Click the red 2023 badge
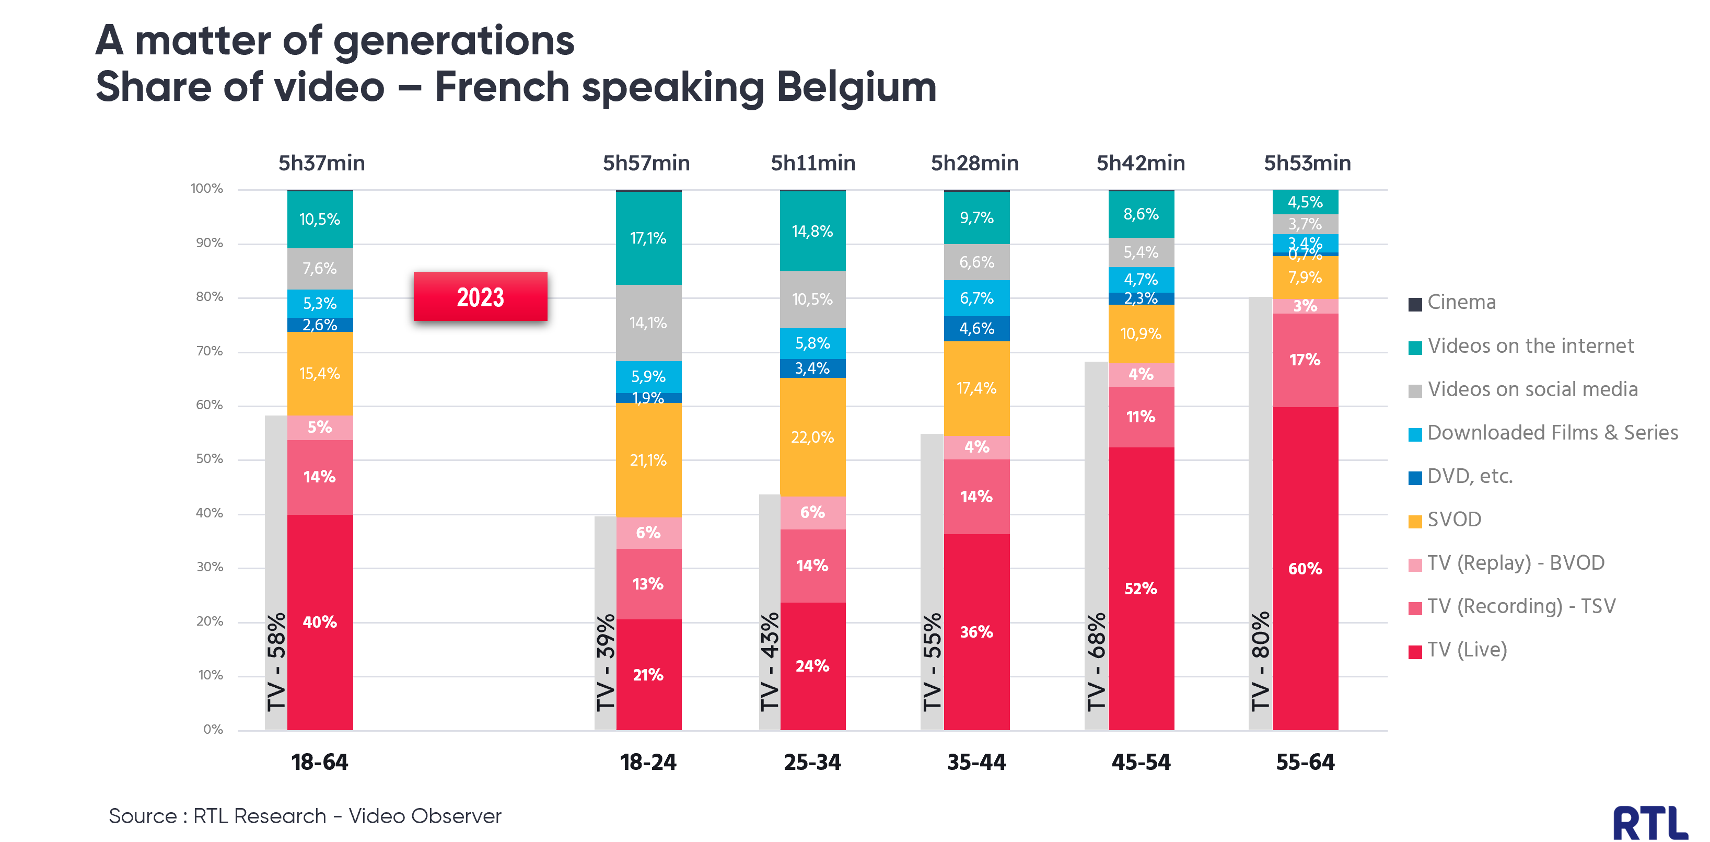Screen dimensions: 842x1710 (x=480, y=297)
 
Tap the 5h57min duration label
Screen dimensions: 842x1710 (x=646, y=164)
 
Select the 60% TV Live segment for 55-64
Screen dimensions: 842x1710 (x=1305, y=569)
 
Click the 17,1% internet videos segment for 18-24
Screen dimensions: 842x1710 (x=648, y=238)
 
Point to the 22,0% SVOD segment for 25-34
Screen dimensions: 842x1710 (x=812, y=437)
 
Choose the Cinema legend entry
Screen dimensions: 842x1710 (x=1460, y=303)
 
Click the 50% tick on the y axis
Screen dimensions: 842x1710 (x=209, y=459)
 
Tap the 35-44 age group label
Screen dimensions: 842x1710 (x=976, y=762)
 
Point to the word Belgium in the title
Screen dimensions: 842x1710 (x=856, y=87)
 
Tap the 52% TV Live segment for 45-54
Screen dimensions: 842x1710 (x=1141, y=589)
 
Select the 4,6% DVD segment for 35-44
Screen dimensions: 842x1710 (x=976, y=329)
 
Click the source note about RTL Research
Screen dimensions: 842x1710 (x=305, y=816)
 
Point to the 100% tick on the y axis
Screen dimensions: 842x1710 (x=207, y=189)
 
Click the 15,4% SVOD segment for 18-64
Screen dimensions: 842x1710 (x=320, y=374)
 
